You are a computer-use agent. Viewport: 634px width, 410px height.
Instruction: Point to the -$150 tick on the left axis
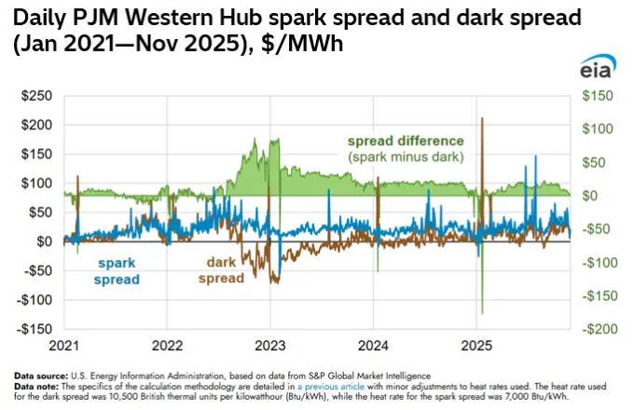coord(35,329)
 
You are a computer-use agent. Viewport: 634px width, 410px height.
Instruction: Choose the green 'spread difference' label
coord(406,141)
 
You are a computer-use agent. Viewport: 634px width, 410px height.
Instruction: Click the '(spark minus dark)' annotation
coord(406,157)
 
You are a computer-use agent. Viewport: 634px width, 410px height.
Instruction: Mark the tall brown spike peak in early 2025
coord(482,118)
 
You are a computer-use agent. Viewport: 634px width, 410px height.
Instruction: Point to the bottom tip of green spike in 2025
coord(482,313)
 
